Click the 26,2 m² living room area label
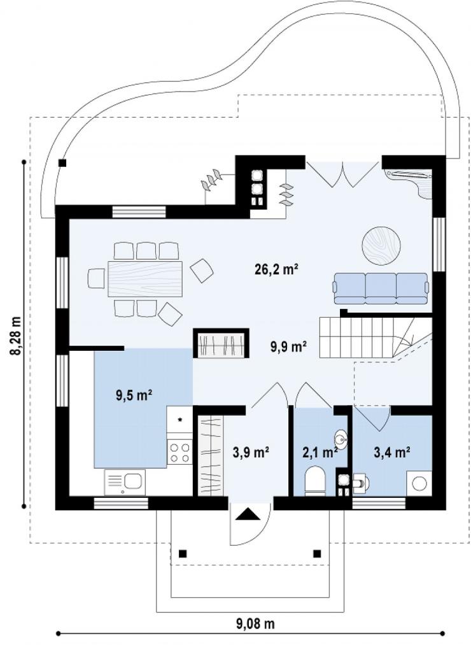click(276, 269)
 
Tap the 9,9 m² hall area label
click(288, 347)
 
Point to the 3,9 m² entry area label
click(251, 452)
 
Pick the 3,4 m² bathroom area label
click(391, 452)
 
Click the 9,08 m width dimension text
click(255, 623)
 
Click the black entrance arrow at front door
click(246, 514)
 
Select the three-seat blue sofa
click(381, 288)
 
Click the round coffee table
click(381, 246)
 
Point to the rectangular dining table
click(145, 278)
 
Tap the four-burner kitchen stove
click(179, 452)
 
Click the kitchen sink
click(124, 483)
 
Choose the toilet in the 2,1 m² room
click(315, 480)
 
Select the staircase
click(376, 337)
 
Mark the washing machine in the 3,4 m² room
click(419, 483)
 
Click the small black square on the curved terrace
click(62, 163)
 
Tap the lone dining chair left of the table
click(97, 278)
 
